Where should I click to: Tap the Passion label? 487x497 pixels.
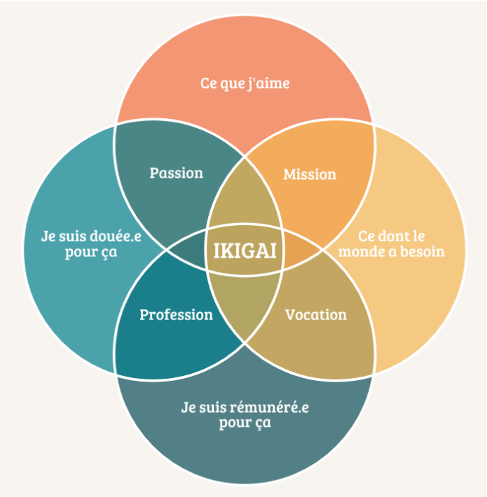pyautogui.click(x=176, y=173)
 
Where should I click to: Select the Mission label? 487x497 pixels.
pyautogui.click(x=309, y=174)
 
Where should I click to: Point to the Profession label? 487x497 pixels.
pyautogui.click(x=176, y=314)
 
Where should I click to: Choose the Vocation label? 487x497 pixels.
pyautogui.click(x=316, y=314)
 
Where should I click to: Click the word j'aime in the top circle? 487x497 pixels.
pyautogui.click(x=270, y=84)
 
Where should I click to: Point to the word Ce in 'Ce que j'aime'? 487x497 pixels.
pyautogui.click(x=209, y=84)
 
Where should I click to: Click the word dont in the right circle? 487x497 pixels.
pyautogui.click(x=395, y=236)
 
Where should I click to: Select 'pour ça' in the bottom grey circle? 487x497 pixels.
pyautogui.click(x=245, y=423)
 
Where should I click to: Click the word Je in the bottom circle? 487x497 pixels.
pyautogui.click(x=187, y=408)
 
